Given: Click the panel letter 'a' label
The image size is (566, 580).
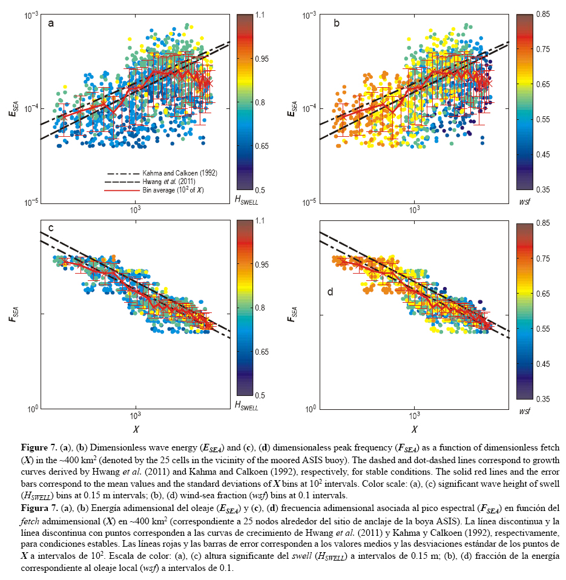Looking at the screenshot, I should click(51, 24).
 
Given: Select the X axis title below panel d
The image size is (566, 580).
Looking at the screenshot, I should click(415, 429).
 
